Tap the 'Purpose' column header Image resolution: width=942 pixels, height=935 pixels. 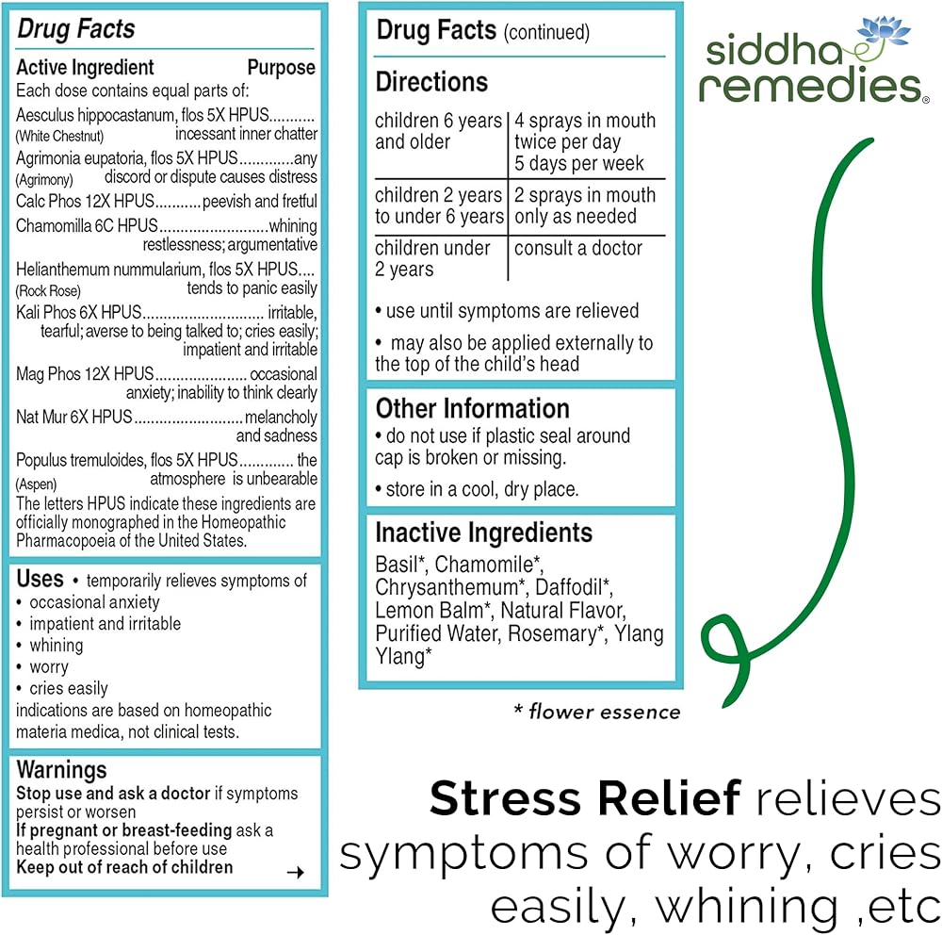tap(281, 68)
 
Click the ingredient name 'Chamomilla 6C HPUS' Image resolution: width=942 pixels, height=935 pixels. tap(87, 226)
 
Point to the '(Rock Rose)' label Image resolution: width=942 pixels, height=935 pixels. tap(48, 290)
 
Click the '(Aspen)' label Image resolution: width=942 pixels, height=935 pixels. tap(37, 484)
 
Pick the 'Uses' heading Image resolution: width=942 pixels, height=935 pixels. tap(41, 579)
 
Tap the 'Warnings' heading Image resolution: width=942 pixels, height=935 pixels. tap(61, 770)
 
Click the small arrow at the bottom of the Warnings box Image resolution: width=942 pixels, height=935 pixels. tap(295, 873)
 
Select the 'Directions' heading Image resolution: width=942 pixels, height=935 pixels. tap(431, 82)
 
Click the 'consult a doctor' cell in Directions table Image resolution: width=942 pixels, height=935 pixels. tap(578, 249)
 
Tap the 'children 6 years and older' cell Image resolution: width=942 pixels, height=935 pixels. tap(438, 132)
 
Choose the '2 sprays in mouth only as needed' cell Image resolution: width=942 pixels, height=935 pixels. tap(584, 205)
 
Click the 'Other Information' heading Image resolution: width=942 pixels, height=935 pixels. tap(472, 408)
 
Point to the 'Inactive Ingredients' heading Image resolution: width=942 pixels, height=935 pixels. tap(483, 533)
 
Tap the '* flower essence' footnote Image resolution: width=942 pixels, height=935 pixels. tap(596, 712)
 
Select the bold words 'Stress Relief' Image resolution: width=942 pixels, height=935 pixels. tap(585, 799)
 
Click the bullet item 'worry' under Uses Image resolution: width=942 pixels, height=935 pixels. tap(49, 667)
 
